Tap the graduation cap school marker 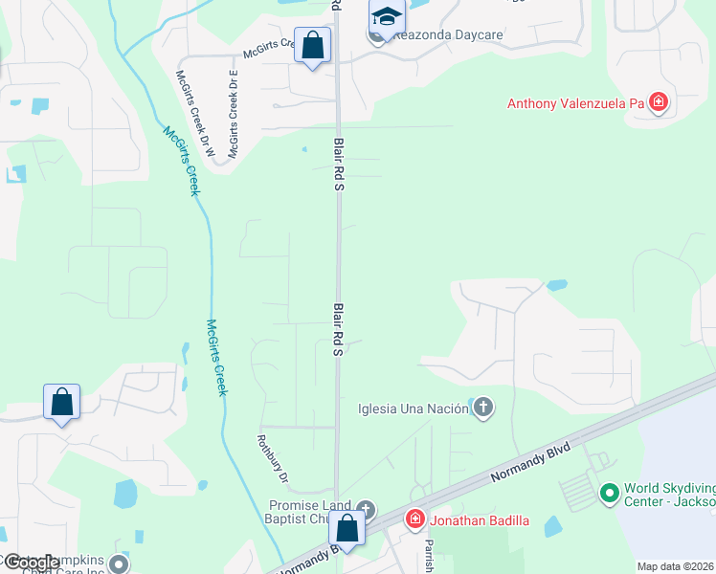tap(387, 16)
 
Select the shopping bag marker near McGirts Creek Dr tap(312, 45)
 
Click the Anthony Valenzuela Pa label tap(575, 103)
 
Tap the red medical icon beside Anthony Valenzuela tap(658, 102)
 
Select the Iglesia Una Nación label tap(413, 408)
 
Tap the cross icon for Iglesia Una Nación tap(482, 408)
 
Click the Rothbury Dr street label tap(273, 458)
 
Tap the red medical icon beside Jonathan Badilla tap(415, 520)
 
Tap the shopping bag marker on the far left tap(61, 403)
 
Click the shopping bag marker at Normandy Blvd tap(347, 529)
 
